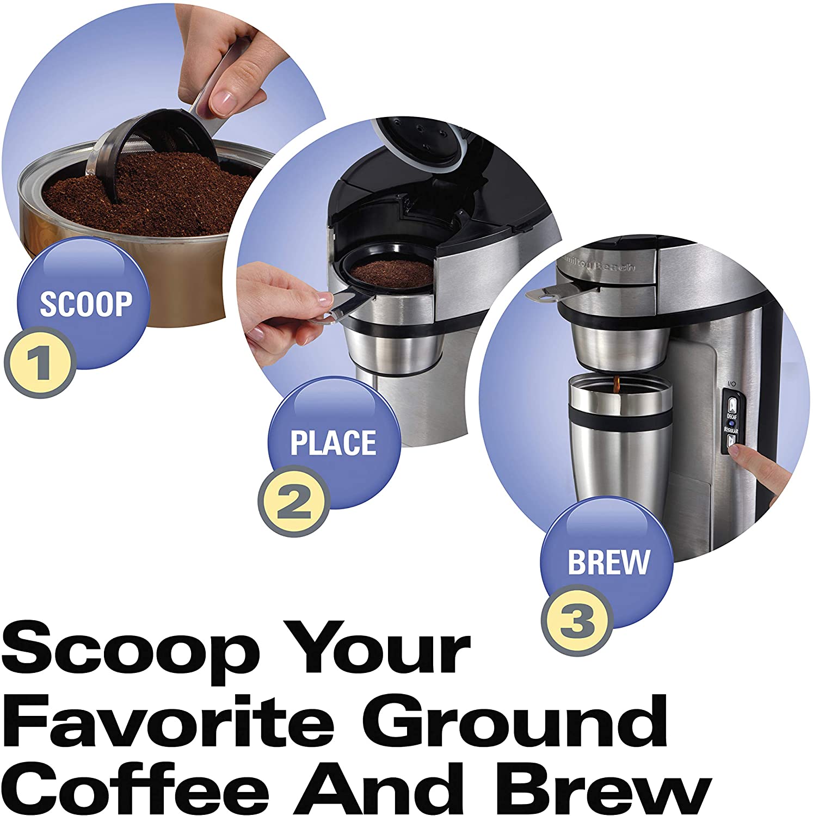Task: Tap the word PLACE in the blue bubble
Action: pos(333,443)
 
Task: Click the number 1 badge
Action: pos(39,361)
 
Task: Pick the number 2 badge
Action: pos(294,501)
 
